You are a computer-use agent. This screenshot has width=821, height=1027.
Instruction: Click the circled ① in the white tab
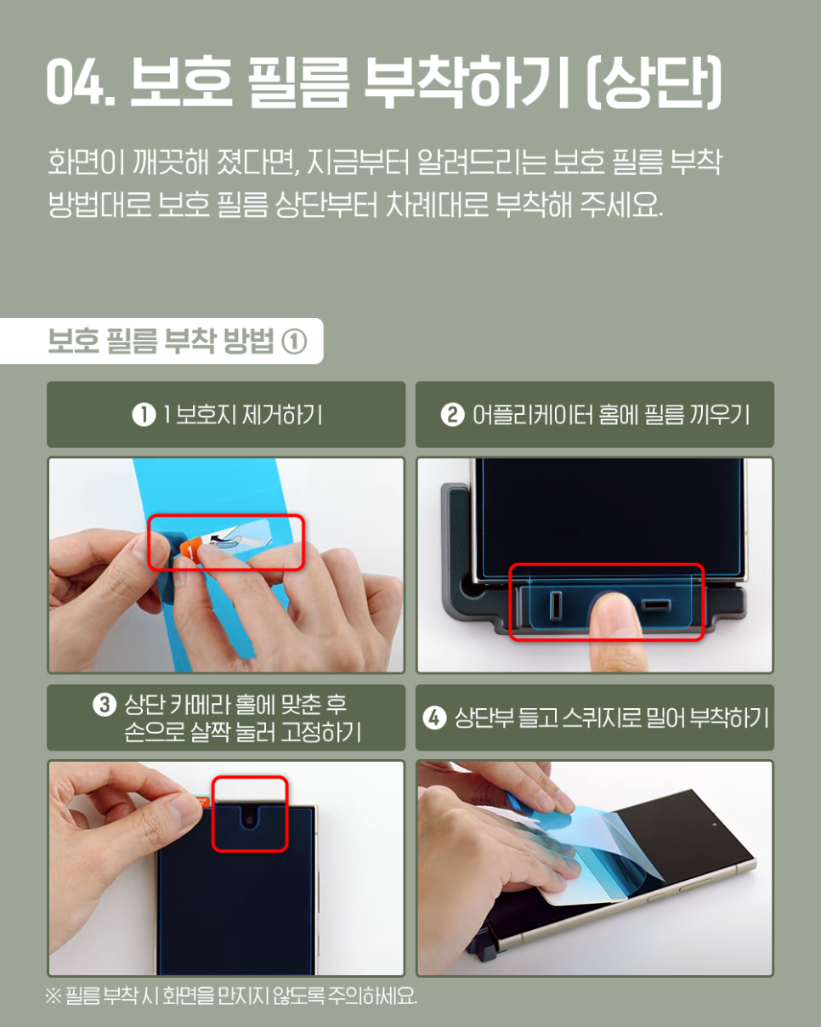coord(294,342)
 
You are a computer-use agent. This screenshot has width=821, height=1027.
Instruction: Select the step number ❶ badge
coord(144,415)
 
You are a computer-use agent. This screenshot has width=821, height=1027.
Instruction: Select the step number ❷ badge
coord(452,415)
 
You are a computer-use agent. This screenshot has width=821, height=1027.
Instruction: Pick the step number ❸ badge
coord(105,705)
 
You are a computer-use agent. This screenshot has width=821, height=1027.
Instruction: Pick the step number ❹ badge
coord(434,718)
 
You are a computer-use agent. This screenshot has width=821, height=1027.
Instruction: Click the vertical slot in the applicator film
coord(556,605)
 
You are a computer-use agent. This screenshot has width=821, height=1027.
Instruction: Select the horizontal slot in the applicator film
coord(655,605)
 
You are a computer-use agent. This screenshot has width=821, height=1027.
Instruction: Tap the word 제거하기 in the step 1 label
coord(282,415)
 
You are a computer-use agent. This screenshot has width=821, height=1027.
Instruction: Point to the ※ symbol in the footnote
coord(53,996)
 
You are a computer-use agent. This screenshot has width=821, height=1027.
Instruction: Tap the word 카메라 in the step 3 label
coord(199,705)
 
